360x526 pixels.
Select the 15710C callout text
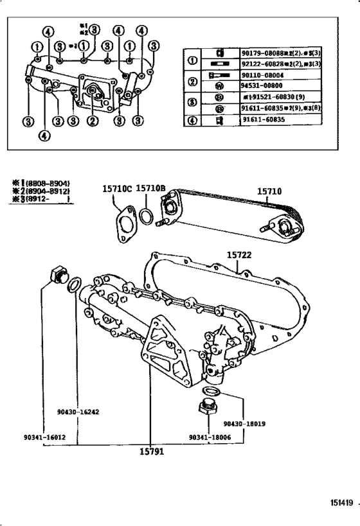(x=116, y=188)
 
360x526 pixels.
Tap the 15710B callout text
(x=152, y=188)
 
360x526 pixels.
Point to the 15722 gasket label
(x=239, y=254)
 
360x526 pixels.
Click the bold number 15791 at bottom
(x=152, y=451)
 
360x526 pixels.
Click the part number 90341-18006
(x=210, y=437)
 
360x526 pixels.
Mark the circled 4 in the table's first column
(x=192, y=120)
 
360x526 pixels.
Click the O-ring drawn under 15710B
(x=146, y=216)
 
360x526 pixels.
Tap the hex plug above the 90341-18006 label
(x=206, y=408)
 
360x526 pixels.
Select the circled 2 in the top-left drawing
(x=93, y=119)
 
